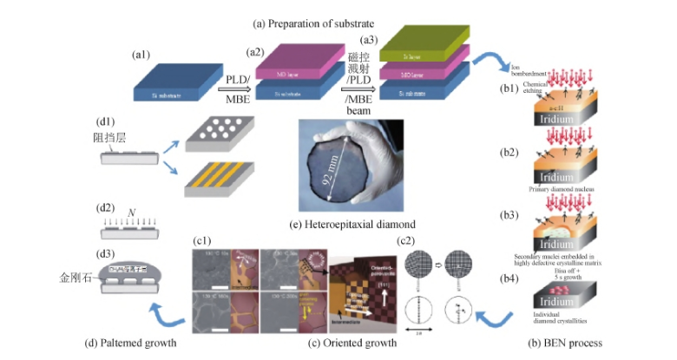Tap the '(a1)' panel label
141,56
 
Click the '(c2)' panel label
406,241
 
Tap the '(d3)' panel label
106,253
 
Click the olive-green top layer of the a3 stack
426,42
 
